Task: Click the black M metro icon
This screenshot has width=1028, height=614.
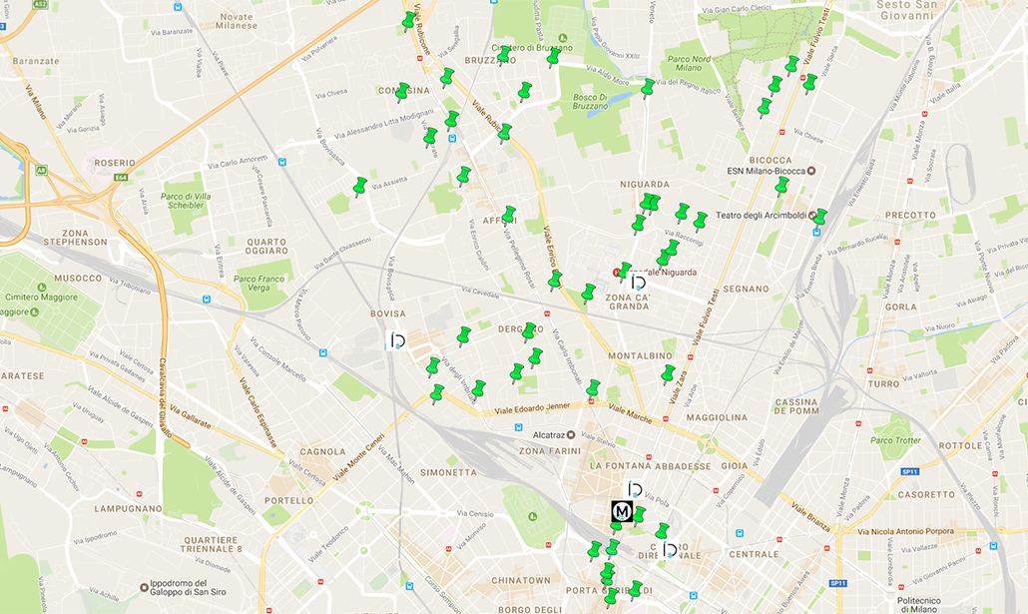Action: pos(622,512)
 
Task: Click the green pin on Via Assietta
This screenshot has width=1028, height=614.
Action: pos(359,187)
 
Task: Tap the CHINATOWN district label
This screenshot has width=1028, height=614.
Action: pos(520,580)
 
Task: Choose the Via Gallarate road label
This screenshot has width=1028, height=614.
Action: pos(191,416)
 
